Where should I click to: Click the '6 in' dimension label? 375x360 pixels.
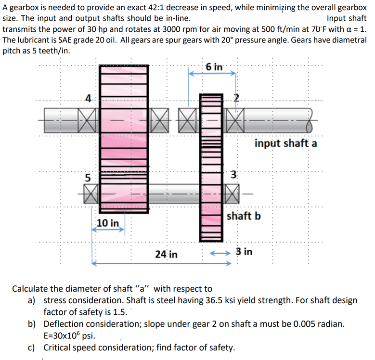pos(213,67)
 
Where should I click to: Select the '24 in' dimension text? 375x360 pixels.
pos(167,254)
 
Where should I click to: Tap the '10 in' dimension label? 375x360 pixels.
pos(108,223)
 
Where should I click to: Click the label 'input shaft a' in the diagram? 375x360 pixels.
pos(285,143)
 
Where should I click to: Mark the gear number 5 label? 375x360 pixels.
pos(88,177)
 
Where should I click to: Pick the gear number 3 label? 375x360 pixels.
pos(233,174)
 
